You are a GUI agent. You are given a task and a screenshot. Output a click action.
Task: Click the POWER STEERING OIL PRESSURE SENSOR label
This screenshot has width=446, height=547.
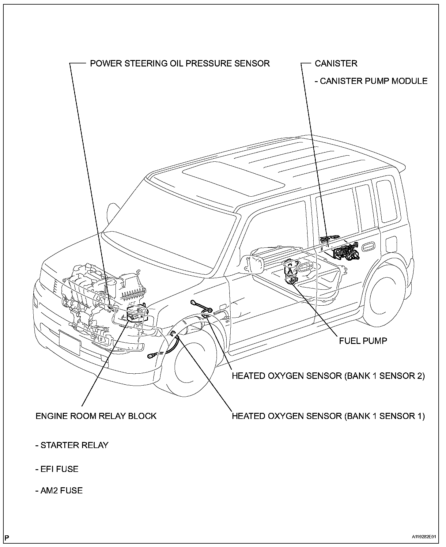pyautogui.click(x=180, y=63)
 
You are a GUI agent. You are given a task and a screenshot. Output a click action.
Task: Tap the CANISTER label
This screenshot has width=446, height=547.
pyautogui.click(x=336, y=63)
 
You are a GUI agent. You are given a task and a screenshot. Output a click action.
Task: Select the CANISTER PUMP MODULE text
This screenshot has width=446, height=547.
pyautogui.click(x=371, y=81)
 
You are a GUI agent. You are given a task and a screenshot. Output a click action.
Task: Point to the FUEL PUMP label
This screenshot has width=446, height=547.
pyautogui.click(x=363, y=341)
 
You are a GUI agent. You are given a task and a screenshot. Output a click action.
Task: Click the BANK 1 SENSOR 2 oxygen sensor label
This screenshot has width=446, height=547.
pyautogui.click(x=328, y=376)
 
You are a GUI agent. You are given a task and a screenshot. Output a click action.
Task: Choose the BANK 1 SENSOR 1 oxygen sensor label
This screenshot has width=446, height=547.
pyautogui.click(x=328, y=416)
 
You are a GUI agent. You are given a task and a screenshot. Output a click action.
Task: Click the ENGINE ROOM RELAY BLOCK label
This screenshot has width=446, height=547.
pyautogui.click(x=96, y=416)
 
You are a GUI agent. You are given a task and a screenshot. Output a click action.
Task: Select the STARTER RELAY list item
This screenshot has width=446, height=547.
pyautogui.click(x=72, y=445)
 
